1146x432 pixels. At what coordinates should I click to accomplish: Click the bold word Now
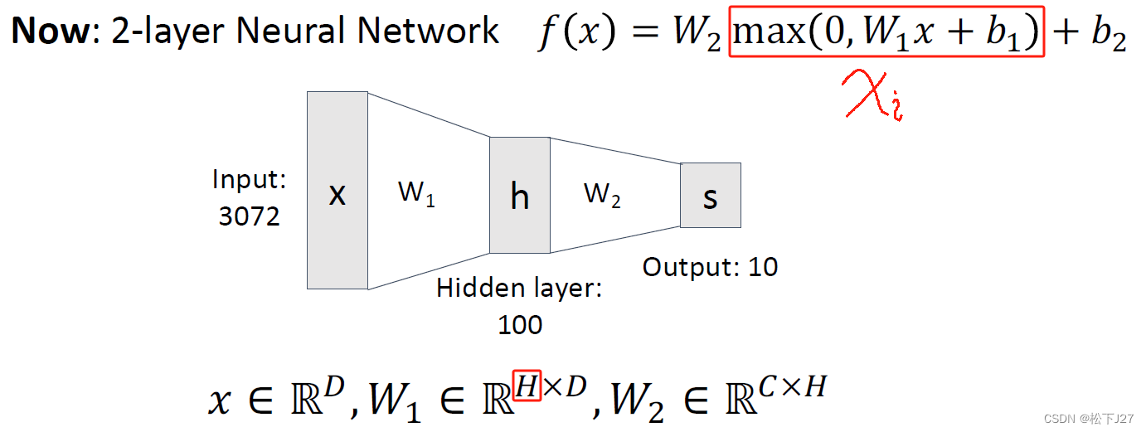click(52, 31)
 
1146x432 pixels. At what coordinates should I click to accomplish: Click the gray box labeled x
click(337, 190)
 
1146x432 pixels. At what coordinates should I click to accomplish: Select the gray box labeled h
click(519, 195)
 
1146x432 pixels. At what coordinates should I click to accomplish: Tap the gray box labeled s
click(710, 196)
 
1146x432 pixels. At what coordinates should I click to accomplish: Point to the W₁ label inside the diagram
click(416, 193)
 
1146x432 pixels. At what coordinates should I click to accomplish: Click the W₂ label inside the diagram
click(602, 195)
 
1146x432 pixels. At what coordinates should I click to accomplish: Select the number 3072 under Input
click(249, 216)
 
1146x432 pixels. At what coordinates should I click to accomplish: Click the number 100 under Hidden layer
click(520, 324)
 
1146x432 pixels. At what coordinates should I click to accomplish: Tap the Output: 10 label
click(711, 267)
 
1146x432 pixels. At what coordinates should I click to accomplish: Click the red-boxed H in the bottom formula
click(527, 385)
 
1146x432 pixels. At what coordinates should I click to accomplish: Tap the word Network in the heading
click(435, 31)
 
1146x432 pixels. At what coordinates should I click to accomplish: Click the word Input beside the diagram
click(249, 179)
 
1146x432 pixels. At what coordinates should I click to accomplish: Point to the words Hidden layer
click(520, 289)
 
